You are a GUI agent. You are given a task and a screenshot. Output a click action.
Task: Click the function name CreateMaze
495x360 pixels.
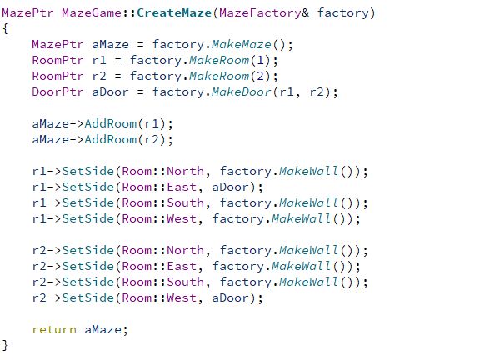tap(174, 13)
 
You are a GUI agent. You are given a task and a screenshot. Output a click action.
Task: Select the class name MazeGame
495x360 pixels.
tap(92, 13)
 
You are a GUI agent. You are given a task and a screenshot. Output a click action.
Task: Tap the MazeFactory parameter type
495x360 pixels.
tap(260, 13)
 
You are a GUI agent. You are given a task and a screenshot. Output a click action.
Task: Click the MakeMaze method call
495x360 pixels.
tap(242, 44)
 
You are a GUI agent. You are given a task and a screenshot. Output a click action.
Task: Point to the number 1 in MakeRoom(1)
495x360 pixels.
tap(261, 60)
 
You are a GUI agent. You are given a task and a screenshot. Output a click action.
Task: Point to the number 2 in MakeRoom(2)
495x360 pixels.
tap(261, 76)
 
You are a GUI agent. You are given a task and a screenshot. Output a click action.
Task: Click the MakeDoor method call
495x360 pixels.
tap(242, 92)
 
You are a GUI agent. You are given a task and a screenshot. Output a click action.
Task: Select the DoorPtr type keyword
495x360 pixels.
tap(57, 92)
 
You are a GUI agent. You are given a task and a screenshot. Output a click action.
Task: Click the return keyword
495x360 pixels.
tap(54, 330)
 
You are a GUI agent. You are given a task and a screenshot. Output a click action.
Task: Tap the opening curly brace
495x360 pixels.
tap(5, 29)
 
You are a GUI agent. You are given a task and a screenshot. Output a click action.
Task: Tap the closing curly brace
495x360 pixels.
tap(5, 345)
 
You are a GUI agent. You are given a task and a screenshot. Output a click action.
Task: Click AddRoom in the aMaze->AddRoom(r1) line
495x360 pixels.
tap(111, 123)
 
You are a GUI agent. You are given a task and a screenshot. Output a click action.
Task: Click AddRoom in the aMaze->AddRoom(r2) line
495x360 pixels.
tap(111, 139)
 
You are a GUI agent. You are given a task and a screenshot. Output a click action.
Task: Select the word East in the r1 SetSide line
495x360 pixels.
tap(182, 187)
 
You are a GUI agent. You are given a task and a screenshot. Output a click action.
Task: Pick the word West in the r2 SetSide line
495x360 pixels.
tap(182, 297)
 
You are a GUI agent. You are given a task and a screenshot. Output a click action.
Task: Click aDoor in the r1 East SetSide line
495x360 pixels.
tap(231, 187)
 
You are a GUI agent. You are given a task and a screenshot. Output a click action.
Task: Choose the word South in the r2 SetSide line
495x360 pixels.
tap(185, 282)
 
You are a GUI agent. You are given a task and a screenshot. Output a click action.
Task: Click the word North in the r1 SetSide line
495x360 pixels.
tap(185, 171)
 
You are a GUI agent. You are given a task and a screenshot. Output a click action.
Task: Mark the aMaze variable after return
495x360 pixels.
tap(102, 330)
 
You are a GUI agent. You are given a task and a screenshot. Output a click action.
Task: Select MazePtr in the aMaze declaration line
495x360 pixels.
tap(57, 44)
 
